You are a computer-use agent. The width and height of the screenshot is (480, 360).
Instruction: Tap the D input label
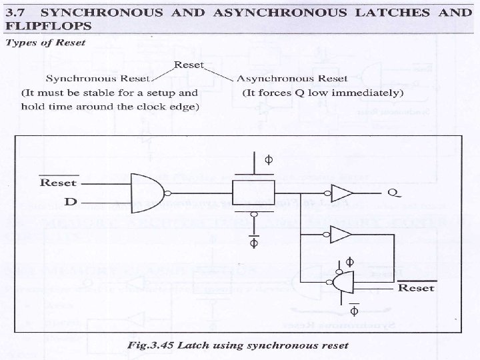[x=70, y=201]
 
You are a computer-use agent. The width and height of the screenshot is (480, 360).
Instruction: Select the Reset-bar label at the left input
[x=59, y=182]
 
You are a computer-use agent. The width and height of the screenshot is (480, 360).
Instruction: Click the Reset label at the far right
[x=416, y=288]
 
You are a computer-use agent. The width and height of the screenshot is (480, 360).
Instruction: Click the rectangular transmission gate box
[x=253, y=193]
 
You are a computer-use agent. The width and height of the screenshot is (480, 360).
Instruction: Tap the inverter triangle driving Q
[x=341, y=193]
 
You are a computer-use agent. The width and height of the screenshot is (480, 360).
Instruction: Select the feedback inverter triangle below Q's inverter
[x=340, y=234]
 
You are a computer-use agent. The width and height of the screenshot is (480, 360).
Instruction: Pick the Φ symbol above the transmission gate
[x=269, y=160]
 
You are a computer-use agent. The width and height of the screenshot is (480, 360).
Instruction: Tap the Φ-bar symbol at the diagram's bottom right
[x=354, y=311]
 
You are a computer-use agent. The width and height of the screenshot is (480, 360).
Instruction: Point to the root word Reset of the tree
[x=188, y=65]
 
